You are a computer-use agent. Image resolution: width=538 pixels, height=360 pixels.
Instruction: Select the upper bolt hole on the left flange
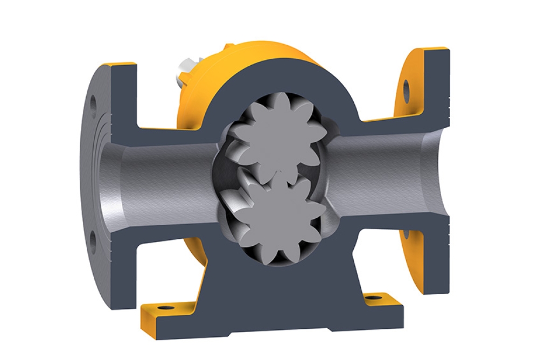pos(93,101)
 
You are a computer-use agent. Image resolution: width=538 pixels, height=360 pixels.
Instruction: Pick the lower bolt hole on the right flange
pos(405,234)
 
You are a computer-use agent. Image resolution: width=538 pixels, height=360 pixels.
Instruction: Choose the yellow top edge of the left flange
pos(122,65)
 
